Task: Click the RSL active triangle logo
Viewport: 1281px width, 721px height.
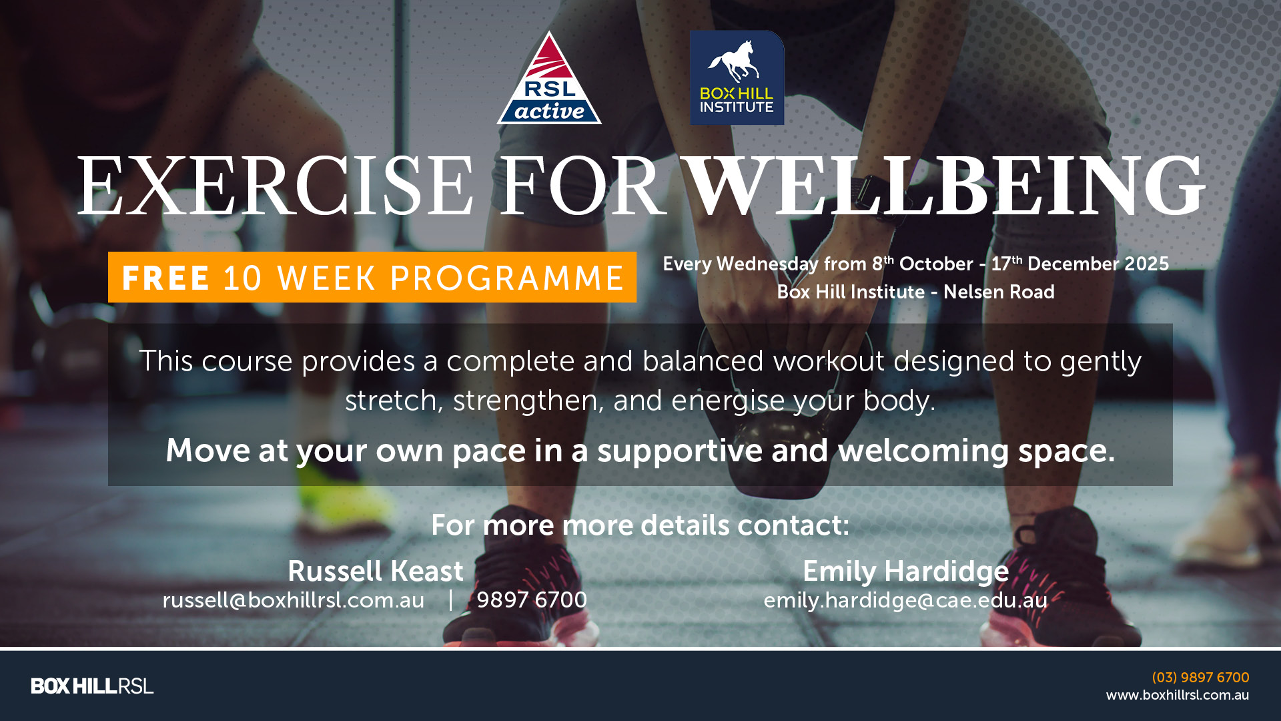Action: click(x=549, y=79)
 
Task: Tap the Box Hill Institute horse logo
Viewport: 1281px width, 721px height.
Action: click(x=737, y=77)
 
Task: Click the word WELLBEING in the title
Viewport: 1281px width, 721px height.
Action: click(x=946, y=186)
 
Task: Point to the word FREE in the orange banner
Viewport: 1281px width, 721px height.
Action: click(x=166, y=278)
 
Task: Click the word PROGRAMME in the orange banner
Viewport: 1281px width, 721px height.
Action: click(x=507, y=278)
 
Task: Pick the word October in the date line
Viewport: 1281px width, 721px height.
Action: click(x=936, y=264)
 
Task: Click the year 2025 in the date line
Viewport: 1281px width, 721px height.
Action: click(x=1147, y=264)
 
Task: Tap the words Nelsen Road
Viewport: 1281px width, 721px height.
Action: click(x=999, y=292)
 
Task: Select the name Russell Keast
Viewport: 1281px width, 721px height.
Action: click(x=376, y=571)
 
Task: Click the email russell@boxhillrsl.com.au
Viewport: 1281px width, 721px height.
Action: click(x=294, y=600)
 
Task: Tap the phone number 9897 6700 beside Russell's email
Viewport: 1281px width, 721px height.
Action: click(x=532, y=599)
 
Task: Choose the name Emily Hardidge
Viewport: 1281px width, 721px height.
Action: click(x=905, y=571)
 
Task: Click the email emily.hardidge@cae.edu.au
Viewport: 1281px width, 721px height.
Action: click(x=905, y=601)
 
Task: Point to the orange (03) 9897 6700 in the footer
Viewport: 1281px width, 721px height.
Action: click(x=1200, y=678)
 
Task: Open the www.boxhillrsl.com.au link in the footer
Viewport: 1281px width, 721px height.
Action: click(x=1178, y=695)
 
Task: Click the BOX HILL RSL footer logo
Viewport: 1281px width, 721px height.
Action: click(x=92, y=686)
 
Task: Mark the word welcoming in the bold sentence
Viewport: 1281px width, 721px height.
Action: click(x=923, y=451)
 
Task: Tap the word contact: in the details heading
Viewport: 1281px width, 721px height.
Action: click(x=793, y=525)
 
